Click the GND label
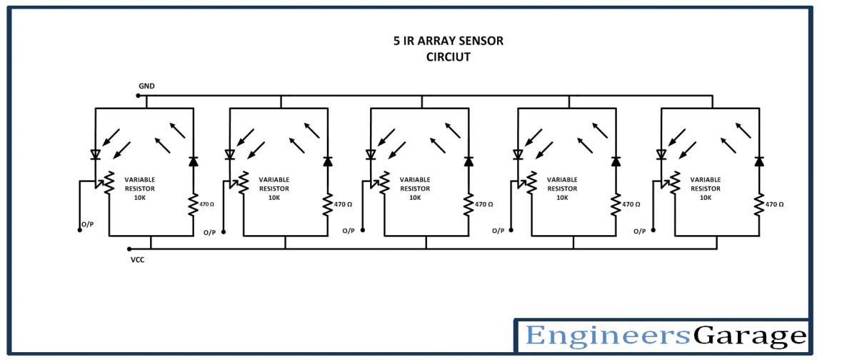tap(146, 86)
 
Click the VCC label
tap(138, 259)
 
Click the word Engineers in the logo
tap(608, 336)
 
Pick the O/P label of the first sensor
tap(87, 224)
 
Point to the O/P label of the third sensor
tap(349, 231)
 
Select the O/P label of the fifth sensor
tap(641, 231)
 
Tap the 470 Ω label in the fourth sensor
tap(631, 204)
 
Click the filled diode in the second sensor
tap(328, 161)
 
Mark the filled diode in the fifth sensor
tap(759, 161)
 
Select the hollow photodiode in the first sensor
tap(96, 154)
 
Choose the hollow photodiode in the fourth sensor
tap(518, 154)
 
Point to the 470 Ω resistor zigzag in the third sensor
tap(468, 204)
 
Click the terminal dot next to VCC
tap(129, 249)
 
